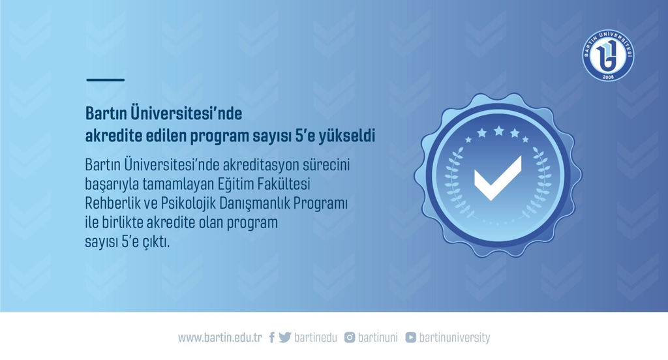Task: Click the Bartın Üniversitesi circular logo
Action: (608, 55)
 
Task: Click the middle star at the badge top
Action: (498, 130)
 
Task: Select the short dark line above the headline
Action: (105, 80)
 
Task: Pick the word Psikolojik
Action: (188, 203)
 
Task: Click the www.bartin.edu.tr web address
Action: (220, 338)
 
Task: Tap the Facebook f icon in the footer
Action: (271, 338)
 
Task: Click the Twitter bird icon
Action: (285, 337)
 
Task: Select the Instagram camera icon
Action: (350, 337)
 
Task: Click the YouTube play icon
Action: (411, 337)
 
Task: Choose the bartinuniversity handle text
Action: (455, 338)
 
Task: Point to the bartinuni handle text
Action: (378, 338)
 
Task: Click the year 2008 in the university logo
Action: (609, 77)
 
